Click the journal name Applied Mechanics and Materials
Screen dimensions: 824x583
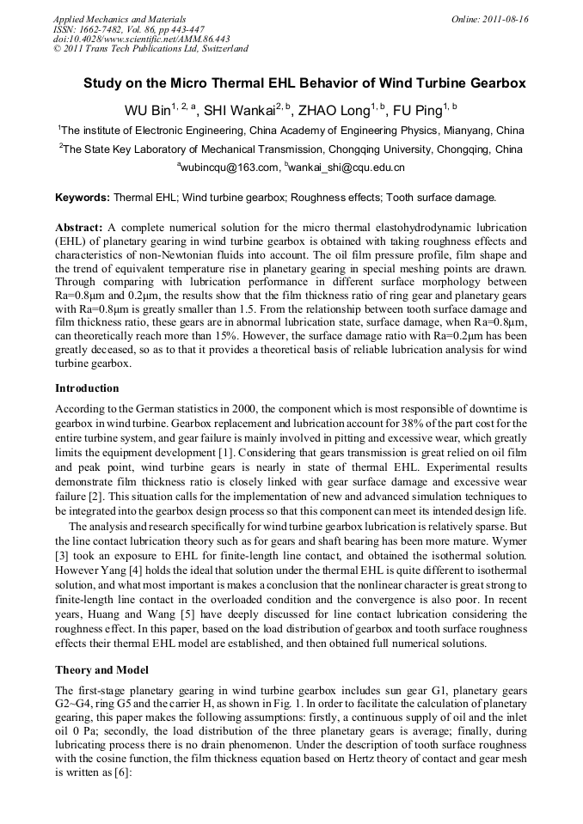[x=120, y=19]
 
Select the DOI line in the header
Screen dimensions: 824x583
[x=141, y=39]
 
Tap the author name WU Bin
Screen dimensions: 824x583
[x=146, y=111]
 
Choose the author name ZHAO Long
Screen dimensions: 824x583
[x=341, y=111]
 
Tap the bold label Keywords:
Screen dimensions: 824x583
[x=83, y=198]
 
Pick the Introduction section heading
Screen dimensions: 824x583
[x=87, y=388]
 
